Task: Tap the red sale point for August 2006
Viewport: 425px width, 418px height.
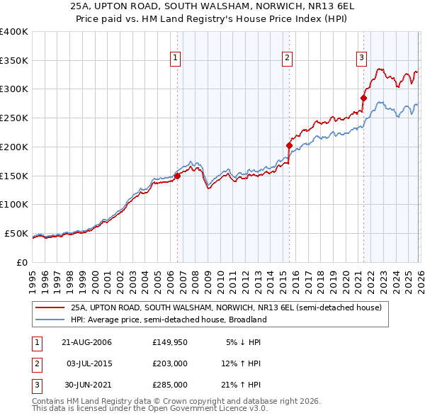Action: [x=178, y=176]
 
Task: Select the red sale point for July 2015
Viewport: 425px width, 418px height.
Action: [x=289, y=146]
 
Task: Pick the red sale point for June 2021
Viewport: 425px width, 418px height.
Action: [x=363, y=98]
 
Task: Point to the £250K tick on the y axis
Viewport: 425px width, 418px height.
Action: [x=13, y=118]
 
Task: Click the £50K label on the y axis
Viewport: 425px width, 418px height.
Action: [x=16, y=233]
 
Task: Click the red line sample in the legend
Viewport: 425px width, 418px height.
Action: [x=51, y=308]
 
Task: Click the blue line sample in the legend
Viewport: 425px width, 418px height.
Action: [x=51, y=320]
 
